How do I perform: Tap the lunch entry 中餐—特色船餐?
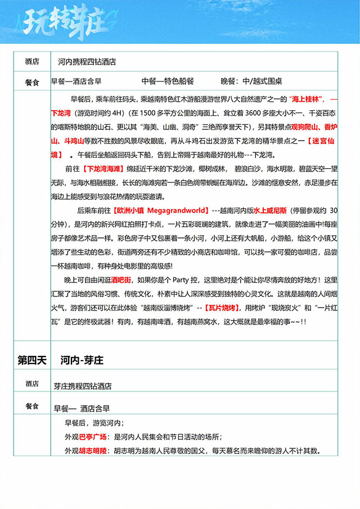pos(168,81)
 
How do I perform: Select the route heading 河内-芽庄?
pos(82,361)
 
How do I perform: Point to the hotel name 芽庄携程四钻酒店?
pos(83,386)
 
